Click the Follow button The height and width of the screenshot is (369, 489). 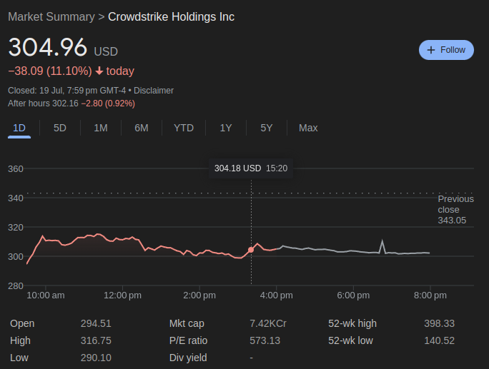(446, 50)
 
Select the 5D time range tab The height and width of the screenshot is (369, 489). (60, 128)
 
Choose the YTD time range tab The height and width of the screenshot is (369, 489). (184, 128)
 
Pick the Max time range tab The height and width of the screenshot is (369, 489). (308, 128)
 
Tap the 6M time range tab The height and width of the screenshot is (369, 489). (142, 128)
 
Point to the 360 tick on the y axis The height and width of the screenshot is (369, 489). (16, 169)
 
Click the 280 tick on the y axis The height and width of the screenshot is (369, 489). (16, 285)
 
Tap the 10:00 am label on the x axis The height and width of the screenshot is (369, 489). (46, 295)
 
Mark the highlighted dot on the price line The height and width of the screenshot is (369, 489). (251, 250)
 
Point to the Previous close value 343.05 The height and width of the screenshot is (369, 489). (452, 221)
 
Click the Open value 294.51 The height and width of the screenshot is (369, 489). (96, 323)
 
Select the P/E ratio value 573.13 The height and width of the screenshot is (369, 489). (265, 340)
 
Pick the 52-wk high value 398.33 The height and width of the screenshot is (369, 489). (439, 323)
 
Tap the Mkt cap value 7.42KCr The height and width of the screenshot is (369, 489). (268, 323)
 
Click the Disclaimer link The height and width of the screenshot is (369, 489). (154, 91)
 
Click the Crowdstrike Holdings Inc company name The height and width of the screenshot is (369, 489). (171, 16)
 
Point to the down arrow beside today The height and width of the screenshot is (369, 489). (99, 71)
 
